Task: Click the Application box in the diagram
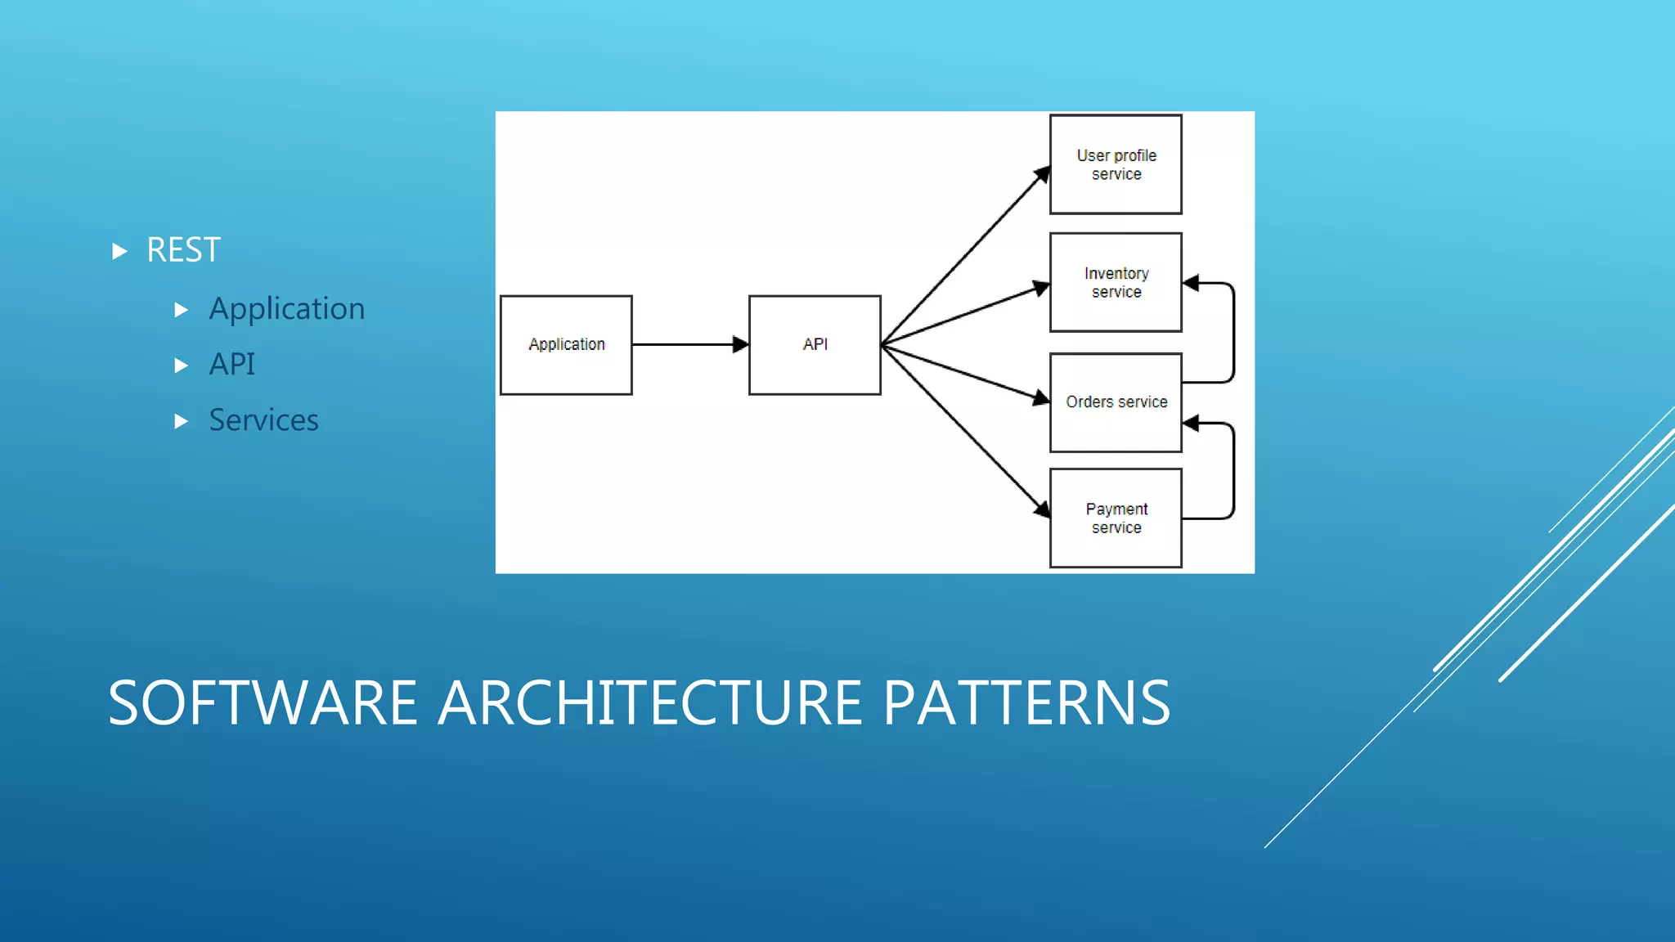coord(566,345)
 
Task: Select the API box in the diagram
coord(815,345)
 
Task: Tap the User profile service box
coord(1116,164)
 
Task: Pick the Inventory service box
coord(1116,282)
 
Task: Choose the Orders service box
coord(1116,402)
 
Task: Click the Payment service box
coord(1116,518)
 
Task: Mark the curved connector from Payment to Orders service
coord(1233,470)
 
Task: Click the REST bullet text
coord(183,250)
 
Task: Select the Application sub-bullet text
coord(286,309)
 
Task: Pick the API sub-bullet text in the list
coord(231,365)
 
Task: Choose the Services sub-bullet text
coord(263,420)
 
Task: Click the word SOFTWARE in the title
coord(263,703)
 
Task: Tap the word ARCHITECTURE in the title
coord(649,703)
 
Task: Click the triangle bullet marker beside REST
coord(119,251)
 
